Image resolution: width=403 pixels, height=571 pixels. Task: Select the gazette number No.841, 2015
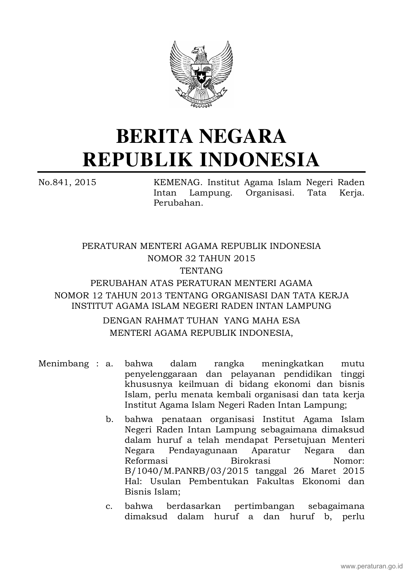(67, 182)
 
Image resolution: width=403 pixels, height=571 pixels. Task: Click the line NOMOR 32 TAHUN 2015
(201, 258)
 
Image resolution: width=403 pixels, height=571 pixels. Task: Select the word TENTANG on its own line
(201, 270)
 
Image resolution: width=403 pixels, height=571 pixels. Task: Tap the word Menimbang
(64, 363)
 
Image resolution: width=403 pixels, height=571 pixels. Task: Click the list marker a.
(109, 363)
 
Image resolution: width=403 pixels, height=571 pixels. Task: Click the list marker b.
(110, 419)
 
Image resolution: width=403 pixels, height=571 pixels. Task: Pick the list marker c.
(109, 506)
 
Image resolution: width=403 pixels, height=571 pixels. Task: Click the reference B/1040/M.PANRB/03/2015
(187, 471)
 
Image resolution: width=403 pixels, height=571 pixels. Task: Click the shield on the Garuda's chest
(201, 74)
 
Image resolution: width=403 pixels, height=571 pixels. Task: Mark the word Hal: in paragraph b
(133, 482)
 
